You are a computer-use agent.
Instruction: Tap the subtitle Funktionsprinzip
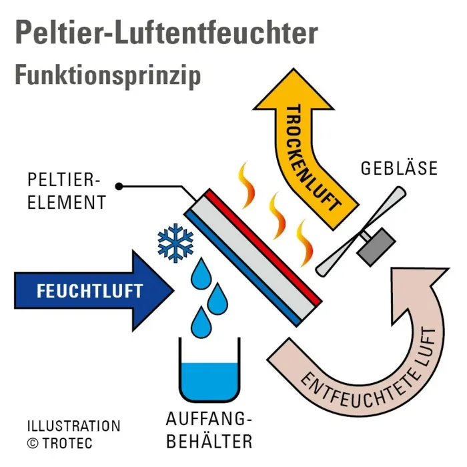(x=107, y=75)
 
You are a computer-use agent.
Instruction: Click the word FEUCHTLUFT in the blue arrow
(x=89, y=292)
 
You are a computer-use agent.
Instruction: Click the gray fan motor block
(x=372, y=245)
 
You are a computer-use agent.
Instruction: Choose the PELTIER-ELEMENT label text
(x=65, y=191)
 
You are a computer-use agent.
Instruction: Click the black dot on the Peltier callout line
(x=119, y=185)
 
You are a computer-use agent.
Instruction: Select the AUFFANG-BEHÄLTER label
(x=209, y=431)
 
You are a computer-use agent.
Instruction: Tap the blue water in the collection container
(x=209, y=380)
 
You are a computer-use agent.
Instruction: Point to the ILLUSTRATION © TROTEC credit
(x=73, y=434)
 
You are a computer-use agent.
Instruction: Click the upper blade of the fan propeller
(x=387, y=207)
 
